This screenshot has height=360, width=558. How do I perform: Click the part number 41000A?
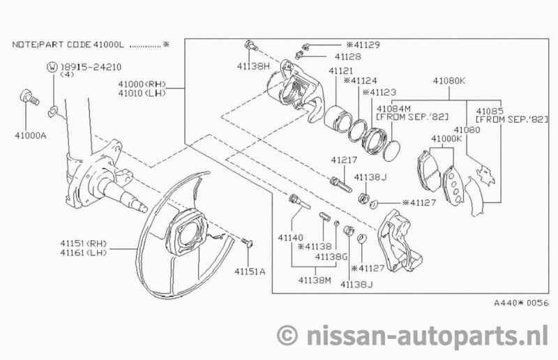point(31,136)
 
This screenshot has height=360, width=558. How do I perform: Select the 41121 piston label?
point(342,71)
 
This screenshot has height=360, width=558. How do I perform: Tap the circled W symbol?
point(52,68)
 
